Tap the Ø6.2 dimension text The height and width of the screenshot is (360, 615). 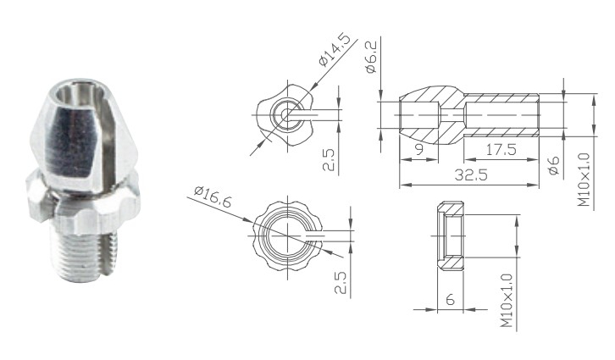[371, 58]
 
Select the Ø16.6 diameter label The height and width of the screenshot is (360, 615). [213, 197]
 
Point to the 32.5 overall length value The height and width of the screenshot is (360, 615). [471, 174]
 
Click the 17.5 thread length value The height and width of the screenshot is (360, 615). [501, 149]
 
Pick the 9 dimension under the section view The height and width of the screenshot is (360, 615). [419, 149]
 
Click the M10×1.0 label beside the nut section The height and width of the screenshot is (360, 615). [507, 301]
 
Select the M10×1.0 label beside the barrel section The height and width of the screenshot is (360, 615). [584, 180]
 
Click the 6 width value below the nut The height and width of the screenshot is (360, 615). [450, 300]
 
